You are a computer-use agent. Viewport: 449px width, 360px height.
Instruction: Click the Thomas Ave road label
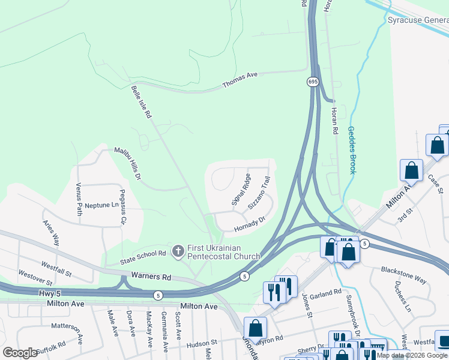(x=240, y=79)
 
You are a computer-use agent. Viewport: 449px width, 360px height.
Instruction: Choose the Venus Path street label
(x=79, y=199)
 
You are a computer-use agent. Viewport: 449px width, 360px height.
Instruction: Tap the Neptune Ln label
(x=101, y=205)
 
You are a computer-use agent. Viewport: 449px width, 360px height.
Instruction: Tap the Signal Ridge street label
(x=241, y=189)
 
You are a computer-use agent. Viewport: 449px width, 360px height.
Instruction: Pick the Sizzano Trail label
(x=260, y=192)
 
